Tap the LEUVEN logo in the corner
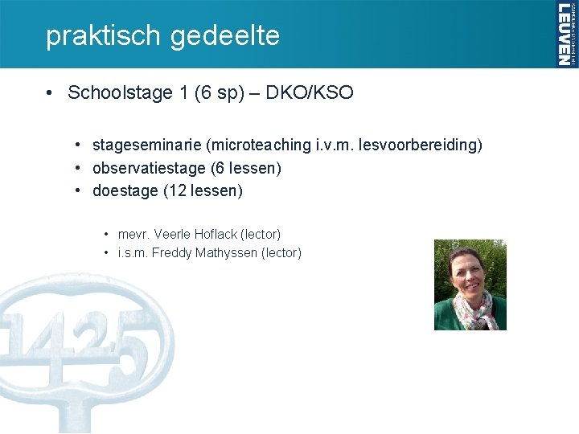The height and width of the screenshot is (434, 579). [x=566, y=34]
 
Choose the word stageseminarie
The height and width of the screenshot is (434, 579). [x=147, y=145]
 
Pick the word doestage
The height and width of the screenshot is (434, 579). [x=125, y=191]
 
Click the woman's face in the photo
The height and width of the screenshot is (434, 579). [x=469, y=273]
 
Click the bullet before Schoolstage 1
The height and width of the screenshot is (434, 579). [x=50, y=92]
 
